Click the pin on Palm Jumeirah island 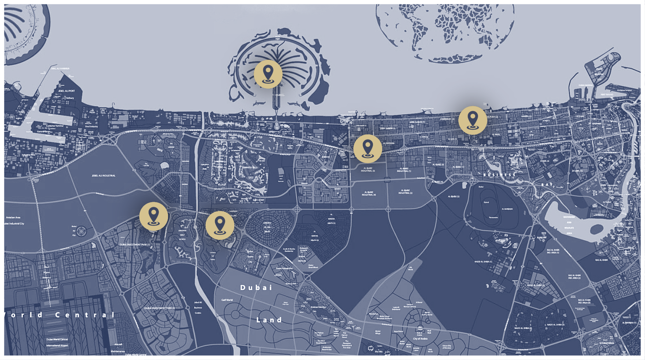click(x=268, y=74)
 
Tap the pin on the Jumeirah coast click(x=473, y=120)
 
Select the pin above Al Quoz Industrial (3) click(x=368, y=148)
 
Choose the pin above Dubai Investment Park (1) click(x=153, y=216)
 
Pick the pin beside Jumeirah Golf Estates click(x=220, y=225)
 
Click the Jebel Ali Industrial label click(x=104, y=176)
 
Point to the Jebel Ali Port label click(x=66, y=91)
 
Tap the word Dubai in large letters click(x=256, y=288)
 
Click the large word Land click(x=269, y=320)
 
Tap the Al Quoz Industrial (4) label click(x=368, y=193)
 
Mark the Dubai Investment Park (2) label click(x=160, y=308)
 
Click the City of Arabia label click(x=420, y=339)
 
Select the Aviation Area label click(x=13, y=218)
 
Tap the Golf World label click(x=227, y=300)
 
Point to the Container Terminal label click(x=55, y=126)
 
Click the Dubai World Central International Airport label click(x=57, y=342)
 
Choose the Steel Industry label click(x=91, y=126)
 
